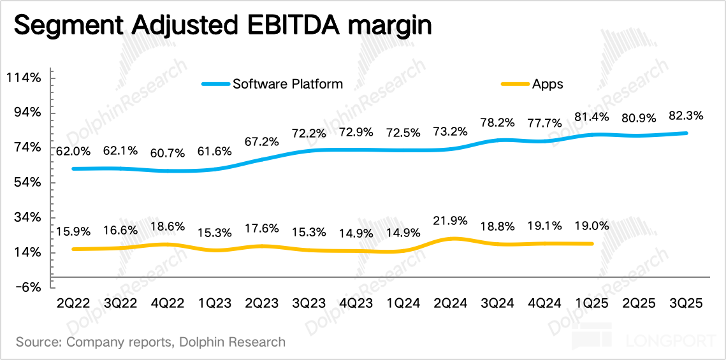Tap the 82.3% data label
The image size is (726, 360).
[x=686, y=116]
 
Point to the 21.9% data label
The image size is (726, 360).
[x=450, y=220]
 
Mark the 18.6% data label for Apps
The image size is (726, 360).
[x=167, y=226]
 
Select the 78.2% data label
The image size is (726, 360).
[x=498, y=122]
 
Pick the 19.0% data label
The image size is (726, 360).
[x=592, y=225]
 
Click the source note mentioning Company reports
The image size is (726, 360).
[x=150, y=342]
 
